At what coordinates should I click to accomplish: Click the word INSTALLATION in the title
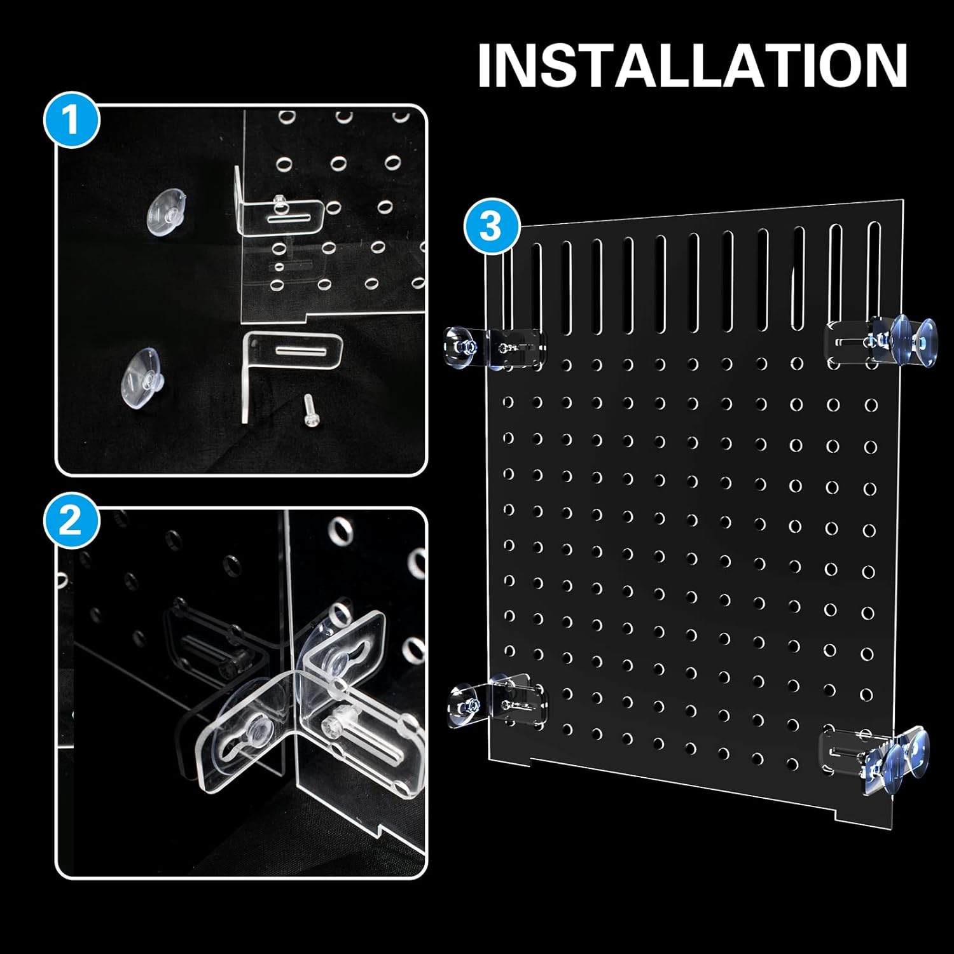tap(693, 65)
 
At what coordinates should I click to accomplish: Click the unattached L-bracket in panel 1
tap(289, 369)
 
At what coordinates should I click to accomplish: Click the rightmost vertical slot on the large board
tap(874, 276)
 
